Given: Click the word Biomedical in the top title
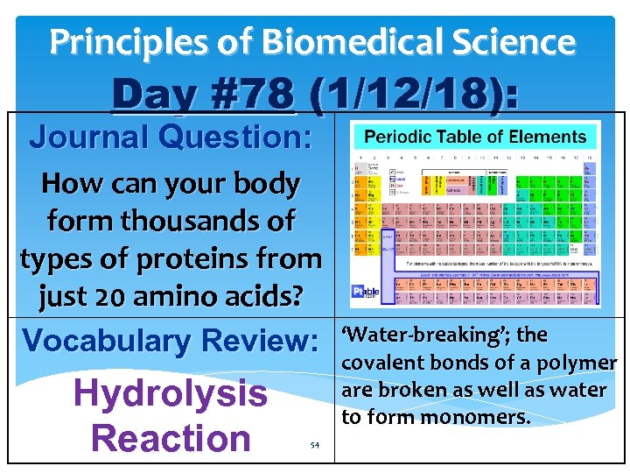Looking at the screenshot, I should point(339,41).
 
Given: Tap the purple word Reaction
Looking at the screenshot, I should point(171,437).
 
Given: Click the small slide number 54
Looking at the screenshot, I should point(314,445).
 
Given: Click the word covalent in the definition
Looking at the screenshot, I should point(377,363).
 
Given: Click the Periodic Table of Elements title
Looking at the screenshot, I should point(474,137).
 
